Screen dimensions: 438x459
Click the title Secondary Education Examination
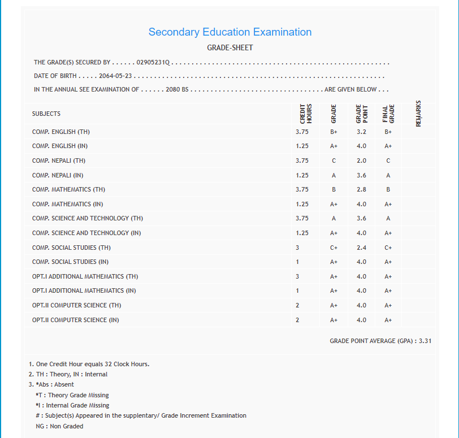[229, 32]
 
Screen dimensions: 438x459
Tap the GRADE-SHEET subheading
[229, 48]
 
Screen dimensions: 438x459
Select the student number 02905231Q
[153, 62]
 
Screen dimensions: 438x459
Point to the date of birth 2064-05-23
[115, 76]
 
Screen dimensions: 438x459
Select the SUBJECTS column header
[46, 114]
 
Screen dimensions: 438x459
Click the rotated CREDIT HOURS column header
[306, 113]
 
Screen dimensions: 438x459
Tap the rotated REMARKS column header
[418, 113]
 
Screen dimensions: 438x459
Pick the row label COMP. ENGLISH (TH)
[61, 132]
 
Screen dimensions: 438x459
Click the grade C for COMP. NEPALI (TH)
[334, 161]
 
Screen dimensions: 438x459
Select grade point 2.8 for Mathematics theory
[361, 189]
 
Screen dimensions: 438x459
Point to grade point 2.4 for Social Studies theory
[361, 248]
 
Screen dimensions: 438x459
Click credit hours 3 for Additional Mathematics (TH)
[297, 276]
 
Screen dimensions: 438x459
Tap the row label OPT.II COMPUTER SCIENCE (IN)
[76, 320]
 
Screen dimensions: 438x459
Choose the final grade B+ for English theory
[388, 132]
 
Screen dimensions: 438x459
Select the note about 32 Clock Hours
[89, 364]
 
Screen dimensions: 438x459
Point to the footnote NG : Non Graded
[59, 426]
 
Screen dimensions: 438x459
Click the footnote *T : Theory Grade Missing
[72, 395]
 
